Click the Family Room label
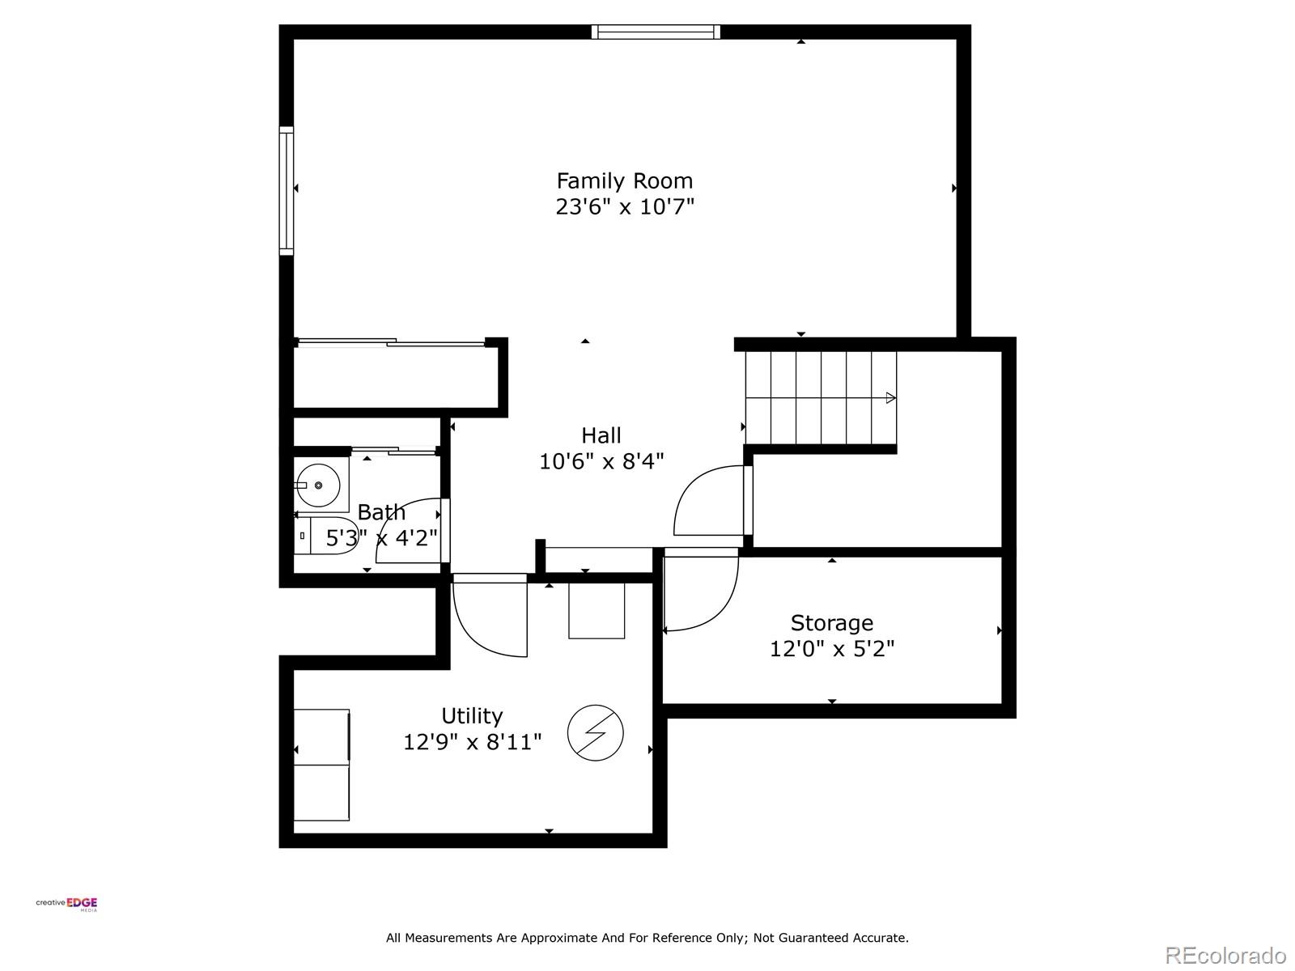pyautogui.click(x=624, y=180)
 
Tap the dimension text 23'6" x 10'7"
pyautogui.click(x=624, y=207)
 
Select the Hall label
pyautogui.click(x=601, y=435)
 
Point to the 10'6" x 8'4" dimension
pyautogui.click(x=601, y=462)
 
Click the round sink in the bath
pyautogui.click(x=318, y=485)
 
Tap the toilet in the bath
pyautogui.click(x=325, y=536)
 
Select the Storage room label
pyautogui.click(x=831, y=623)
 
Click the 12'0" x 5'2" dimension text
pyautogui.click(x=831, y=649)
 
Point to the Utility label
pyautogui.click(x=472, y=716)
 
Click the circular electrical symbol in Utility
pyautogui.click(x=596, y=733)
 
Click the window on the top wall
pyautogui.click(x=655, y=32)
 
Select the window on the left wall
pyautogui.click(x=287, y=190)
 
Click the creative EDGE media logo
pyautogui.click(x=67, y=905)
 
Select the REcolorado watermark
pyautogui.click(x=1225, y=956)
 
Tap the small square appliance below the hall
pyautogui.click(x=597, y=610)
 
